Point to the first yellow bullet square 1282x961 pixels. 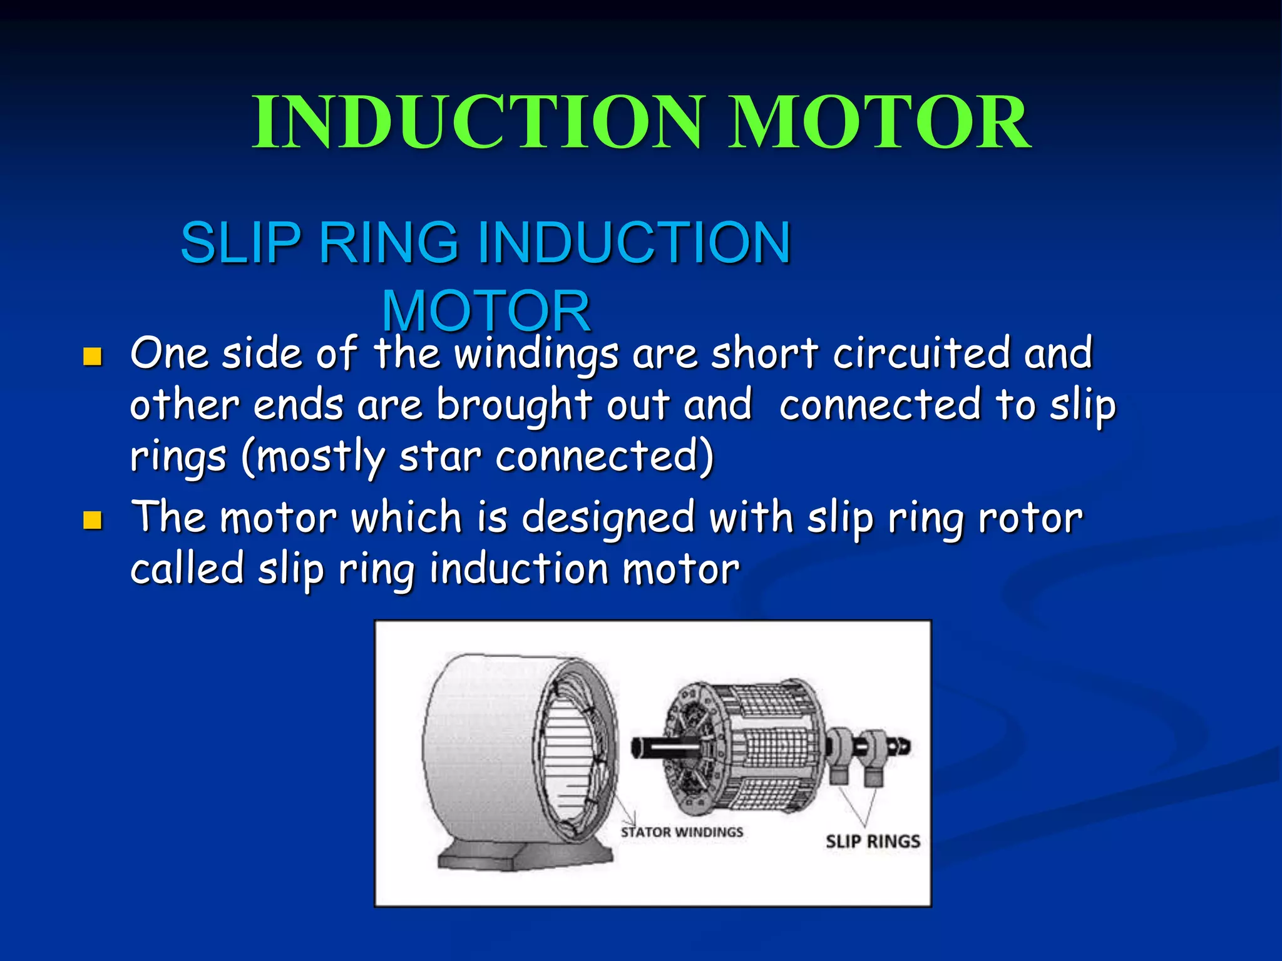93,357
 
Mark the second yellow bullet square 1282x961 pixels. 93,520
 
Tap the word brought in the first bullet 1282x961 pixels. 514,405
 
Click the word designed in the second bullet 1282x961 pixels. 608,519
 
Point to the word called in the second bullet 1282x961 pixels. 187,569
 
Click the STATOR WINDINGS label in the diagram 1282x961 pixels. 682,832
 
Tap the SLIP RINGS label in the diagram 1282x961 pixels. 873,842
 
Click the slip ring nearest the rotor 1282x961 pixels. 839,751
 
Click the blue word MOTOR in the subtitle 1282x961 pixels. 486,311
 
